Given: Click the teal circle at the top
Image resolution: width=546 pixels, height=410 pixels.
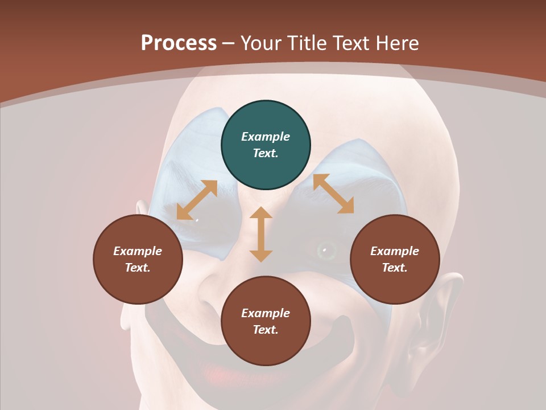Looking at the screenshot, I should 266,145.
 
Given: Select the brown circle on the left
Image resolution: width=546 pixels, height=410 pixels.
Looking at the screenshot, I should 138,260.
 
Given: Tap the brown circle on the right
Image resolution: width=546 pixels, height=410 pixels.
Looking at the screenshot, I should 395,260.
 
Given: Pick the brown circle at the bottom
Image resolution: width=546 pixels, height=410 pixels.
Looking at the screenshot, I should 266,322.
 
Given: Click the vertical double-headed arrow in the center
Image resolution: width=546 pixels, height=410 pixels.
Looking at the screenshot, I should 261,235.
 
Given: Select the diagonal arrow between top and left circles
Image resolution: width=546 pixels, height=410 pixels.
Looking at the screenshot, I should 197,200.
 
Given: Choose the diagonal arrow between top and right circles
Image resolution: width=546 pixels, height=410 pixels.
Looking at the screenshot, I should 333,194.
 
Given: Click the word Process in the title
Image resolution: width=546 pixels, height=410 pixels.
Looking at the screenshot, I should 179,43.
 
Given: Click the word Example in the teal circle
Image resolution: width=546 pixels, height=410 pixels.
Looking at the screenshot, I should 266,137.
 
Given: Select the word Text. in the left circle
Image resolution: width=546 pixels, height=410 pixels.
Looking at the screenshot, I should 138,268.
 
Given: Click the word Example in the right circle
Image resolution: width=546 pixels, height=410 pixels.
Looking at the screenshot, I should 395,251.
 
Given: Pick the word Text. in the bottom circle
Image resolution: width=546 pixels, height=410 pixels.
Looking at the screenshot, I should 266,330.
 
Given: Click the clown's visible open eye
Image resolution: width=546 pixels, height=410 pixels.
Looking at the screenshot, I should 325,249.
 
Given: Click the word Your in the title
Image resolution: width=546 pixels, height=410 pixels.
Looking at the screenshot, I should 260,43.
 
